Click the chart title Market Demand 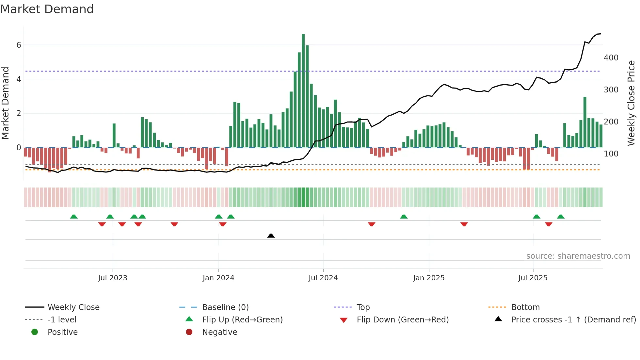pyautogui.click(x=47, y=9)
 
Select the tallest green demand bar pyautogui.click(x=303, y=91)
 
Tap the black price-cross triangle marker pyautogui.click(x=271, y=236)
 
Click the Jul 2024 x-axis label pyautogui.click(x=323, y=278)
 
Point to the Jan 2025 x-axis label pyautogui.click(x=428, y=278)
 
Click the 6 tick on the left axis pyautogui.click(x=19, y=45)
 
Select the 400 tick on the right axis pyautogui.click(x=611, y=58)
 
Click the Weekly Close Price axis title pyautogui.click(x=631, y=103)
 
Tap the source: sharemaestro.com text pyautogui.click(x=578, y=256)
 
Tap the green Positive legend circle pyautogui.click(x=35, y=332)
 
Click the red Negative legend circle pyautogui.click(x=189, y=332)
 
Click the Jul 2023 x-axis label pyautogui.click(x=113, y=278)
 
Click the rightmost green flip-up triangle pyautogui.click(x=561, y=217)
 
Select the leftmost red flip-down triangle pyautogui.click(x=102, y=224)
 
